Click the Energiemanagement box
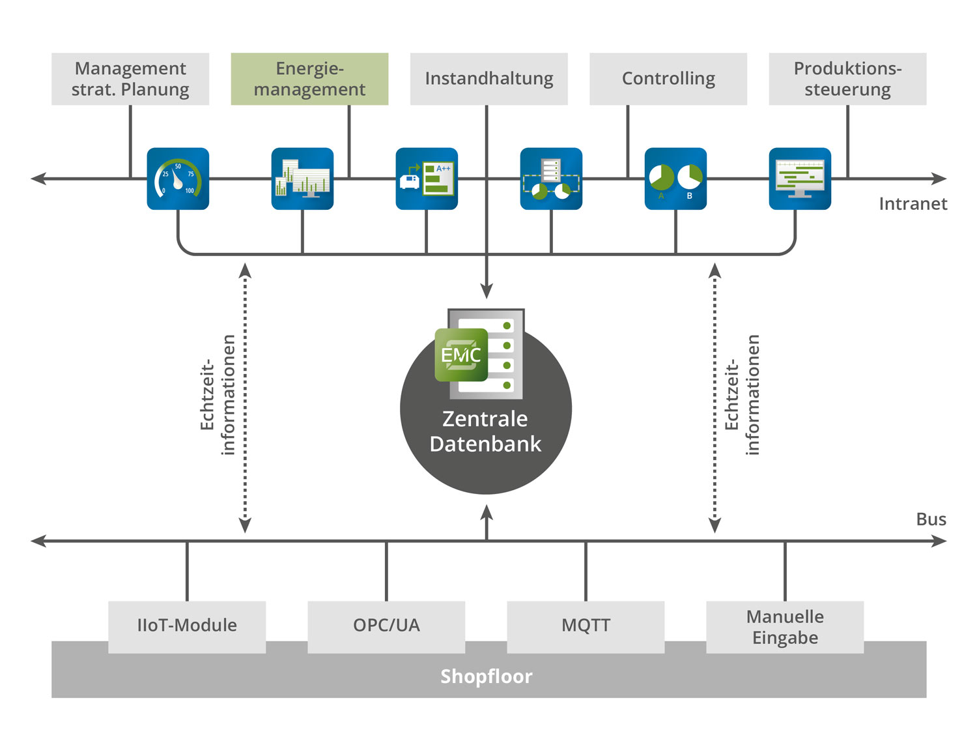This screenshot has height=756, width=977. [x=309, y=79]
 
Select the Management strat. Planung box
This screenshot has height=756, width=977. [x=130, y=79]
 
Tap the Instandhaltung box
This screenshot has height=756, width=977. [x=488, y=79]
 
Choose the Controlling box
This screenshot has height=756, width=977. [x=668, y=79]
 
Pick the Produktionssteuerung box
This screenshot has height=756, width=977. [x=847, y=79]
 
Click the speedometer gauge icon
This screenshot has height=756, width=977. [x=178, y=179]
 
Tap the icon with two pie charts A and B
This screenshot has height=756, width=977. [x=675, y=179]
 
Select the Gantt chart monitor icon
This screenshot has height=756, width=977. [x=800, y=179]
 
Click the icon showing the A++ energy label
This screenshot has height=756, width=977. [x=427, y=179]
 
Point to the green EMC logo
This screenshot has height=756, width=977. [x=461, y=355]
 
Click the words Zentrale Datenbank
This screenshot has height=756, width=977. [x=485, y=431]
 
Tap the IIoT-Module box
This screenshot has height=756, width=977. [x=187, y=626]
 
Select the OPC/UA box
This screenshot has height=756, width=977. [x=386, y=626]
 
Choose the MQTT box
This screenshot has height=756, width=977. [x=586, y=626]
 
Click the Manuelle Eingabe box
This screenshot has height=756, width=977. [x=785, y=626]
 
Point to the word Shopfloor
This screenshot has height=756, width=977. [x=486, y=676]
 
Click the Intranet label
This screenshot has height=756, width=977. [x=913, y=204]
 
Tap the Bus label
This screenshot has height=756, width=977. [x=931, y=519]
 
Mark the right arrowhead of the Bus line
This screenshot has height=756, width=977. [x=940, y=541]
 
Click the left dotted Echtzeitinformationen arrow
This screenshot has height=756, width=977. [x=245, y=398]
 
